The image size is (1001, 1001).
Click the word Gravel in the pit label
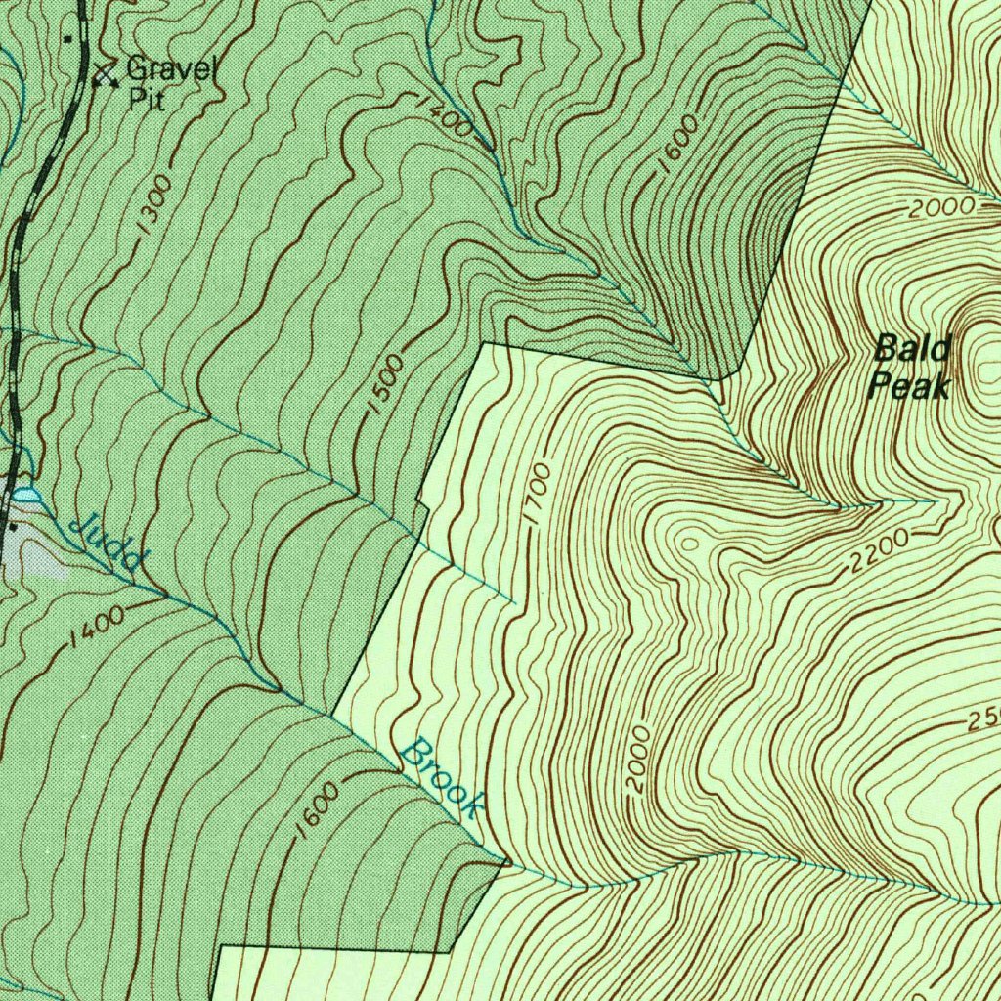[x=174, y=69]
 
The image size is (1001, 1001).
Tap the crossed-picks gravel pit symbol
[x=104, y=74]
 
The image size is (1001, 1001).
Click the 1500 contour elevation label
[x=386, y=384]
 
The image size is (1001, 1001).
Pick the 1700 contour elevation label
[x=539, y=495]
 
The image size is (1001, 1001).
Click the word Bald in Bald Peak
[x=898, y=347]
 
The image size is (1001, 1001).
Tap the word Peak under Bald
[x=909, y=387]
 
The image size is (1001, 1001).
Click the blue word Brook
[x=444, y=778]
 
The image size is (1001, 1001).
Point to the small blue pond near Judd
[x=26, y=497]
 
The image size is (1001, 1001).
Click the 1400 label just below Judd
[x=97, y=629]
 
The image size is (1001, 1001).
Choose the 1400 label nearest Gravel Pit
[x=443, y=115]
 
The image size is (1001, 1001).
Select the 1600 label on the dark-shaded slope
[x=678, y=144]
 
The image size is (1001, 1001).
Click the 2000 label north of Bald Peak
[x=941, y=207]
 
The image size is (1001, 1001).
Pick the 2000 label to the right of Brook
[x=637, y=759]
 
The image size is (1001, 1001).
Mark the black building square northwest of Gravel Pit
[x=67, y=39]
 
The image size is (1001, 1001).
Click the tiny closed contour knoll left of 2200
[x=690, y=541]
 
